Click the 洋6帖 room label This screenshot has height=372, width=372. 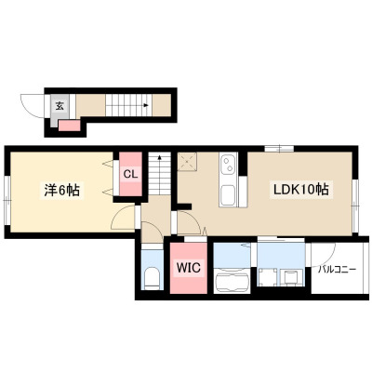pos(61,190)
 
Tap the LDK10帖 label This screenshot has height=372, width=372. pos(300,189)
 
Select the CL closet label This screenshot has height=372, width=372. pos(130,174)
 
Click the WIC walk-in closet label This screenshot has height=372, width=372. pos(189,267)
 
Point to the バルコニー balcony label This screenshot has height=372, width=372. pos(337,269)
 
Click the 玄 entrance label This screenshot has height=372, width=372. pos(60,106)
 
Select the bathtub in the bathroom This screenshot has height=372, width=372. pos(232,280)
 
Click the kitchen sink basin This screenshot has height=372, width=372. pos(228,195)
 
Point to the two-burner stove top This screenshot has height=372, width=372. pos(228,165)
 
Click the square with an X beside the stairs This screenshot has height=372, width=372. pos(187,162)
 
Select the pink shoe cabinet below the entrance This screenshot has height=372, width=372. pos(70,126)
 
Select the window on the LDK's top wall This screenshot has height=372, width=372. pos(279,148)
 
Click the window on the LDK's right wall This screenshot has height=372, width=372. pos(355,206)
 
